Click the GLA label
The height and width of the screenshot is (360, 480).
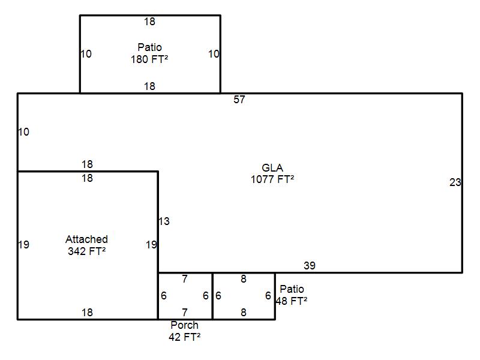click(272, 168)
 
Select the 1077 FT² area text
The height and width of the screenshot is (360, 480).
click(272, 179)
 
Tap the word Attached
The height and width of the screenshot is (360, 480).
click(86, 239)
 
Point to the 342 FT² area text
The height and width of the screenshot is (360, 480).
click(86, 251)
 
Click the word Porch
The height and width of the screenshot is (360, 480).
click(184, 325)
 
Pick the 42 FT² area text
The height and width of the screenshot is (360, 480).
click(184, 337)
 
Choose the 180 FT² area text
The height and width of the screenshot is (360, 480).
click(149, 59)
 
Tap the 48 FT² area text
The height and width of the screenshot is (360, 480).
click(292, 301)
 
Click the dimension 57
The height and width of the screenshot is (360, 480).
click(239, 100)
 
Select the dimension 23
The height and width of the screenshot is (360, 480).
click(455, 182)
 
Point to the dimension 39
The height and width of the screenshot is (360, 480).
click(310, 265)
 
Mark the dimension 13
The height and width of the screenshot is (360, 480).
click(164, 221)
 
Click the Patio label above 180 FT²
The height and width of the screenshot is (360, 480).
click(149, 47)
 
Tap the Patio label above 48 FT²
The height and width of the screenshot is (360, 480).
click(292, 289)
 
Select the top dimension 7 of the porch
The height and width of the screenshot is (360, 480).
click(185, 279)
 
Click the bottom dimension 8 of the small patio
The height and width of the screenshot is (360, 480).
click(244, 312)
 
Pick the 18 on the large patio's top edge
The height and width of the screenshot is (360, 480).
click(149, 22)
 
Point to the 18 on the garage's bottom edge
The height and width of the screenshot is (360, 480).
click(87, 312)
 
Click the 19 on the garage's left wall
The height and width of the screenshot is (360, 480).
click(23, 245)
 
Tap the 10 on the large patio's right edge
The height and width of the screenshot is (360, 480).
click(214, 54)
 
